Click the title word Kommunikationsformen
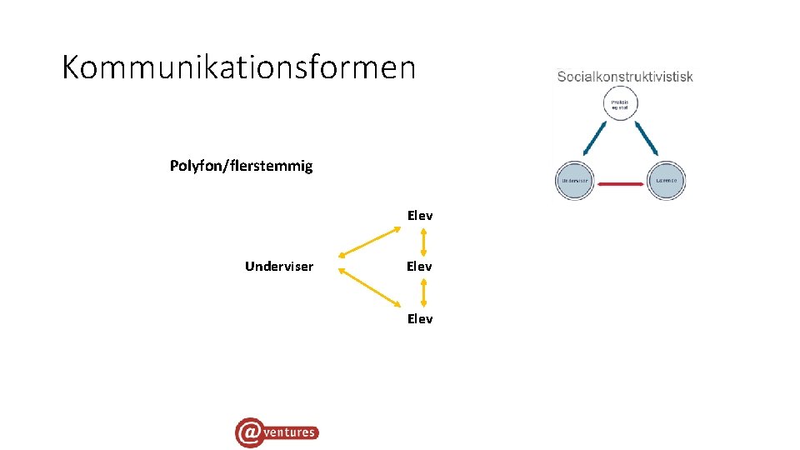(x=238, y=67)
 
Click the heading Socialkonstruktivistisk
(x=625, y=77)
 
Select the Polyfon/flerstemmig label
(x=241, y=166)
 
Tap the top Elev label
(x=420, y=216)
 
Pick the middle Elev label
(x=419, y=267)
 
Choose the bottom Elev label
(x=420, y=318)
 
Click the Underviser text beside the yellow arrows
(x=279, y=267)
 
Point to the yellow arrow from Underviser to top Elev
(x=371, y=243)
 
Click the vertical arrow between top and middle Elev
(x=424, y=242)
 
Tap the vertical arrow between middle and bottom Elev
(x=424, y=292)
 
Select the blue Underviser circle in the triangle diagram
(x=573, y=180)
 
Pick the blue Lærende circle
(x=667, y=180)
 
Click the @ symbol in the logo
(x=249, y=432)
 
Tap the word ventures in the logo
(x=291, y=432)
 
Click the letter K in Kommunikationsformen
(x=71, y=67)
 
